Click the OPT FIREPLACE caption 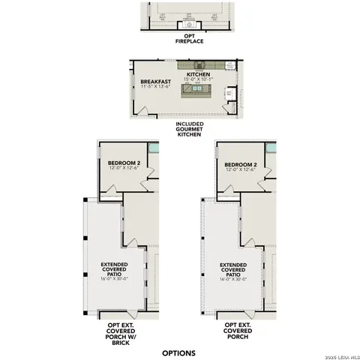pyautogui.click(x=184, y=39)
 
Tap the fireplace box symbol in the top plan pyautogui.click(x=184, y=25)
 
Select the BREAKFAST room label pyautogui.click(x=155, y=81)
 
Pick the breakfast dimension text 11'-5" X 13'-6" pyautogui.click(x=155, y=87)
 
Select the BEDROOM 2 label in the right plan pyautogui.click(x=241, y=164)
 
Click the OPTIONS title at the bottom pyautogui.click(x=178, y=352)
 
